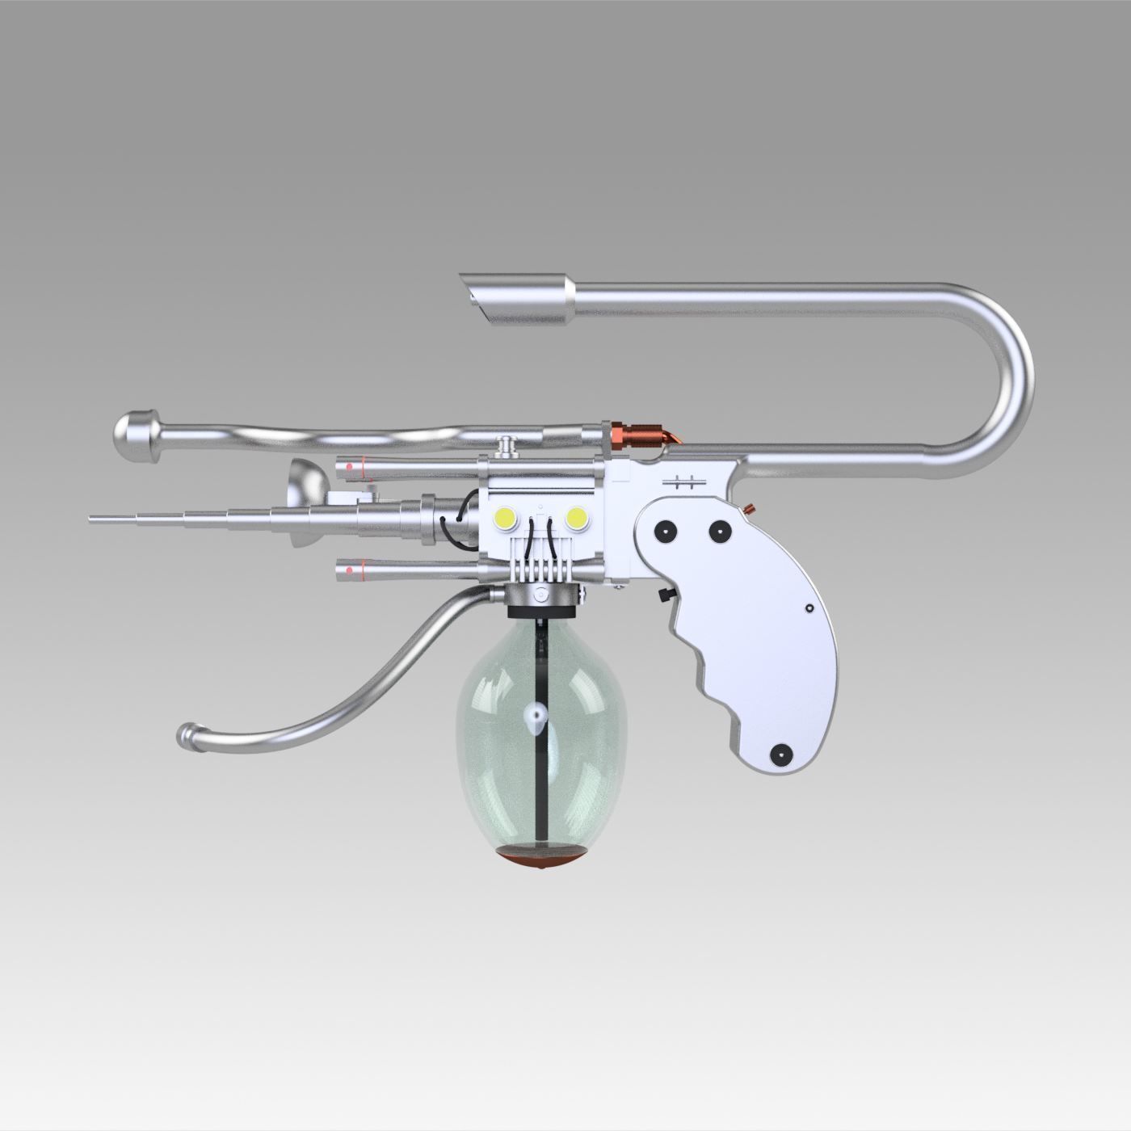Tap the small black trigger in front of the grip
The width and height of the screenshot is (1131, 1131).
coord(665,595)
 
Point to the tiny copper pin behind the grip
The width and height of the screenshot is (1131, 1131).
coord(750,509)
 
